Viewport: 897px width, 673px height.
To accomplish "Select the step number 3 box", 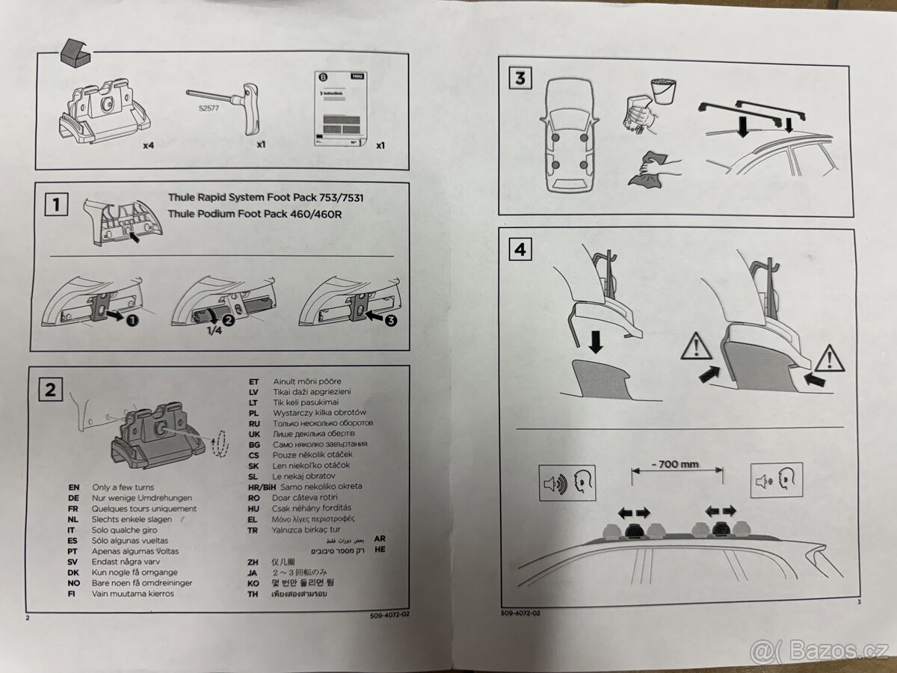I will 520,77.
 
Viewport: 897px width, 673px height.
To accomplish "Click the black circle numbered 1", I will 132,319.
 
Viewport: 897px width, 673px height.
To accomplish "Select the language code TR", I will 253,529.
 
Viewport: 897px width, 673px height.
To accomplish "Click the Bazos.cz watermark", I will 820,652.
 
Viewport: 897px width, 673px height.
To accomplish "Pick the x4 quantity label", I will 148,146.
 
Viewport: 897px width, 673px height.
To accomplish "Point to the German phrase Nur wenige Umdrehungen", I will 141,497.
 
